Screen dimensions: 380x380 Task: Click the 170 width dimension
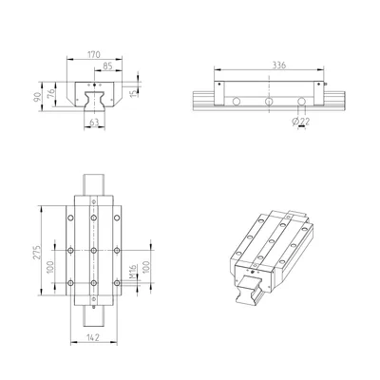[x=94, y=54]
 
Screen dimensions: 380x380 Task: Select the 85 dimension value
[x=107, y=66]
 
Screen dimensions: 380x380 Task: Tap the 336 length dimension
[x=279, y=65]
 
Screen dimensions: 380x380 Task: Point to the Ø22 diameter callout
[x=300, y=121]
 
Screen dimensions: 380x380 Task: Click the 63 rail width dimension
[x=94, y=122]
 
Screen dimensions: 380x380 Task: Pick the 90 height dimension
[x=38, y=97]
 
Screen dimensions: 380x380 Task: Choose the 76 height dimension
[x=50, y=94]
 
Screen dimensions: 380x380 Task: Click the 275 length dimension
[x=38, y=252]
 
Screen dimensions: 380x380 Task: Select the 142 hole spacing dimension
[x=93, y=337]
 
